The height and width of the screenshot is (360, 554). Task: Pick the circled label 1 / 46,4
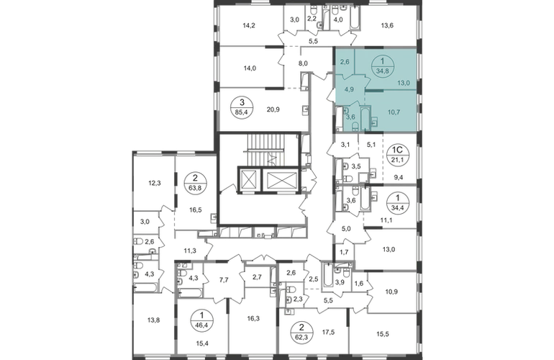(x=201, y=320)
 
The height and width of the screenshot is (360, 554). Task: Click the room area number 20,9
(x=273, y=109)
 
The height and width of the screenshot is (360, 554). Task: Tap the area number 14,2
(x=249, y=25)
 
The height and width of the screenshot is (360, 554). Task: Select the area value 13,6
(x=387, y=25)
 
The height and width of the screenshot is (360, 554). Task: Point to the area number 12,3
(x=155, y=183)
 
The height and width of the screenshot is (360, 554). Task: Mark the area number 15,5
(x=383, y=333)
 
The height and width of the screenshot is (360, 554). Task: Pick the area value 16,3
(x=253, y=318)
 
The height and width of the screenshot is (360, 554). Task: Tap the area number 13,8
(x=154, y=320)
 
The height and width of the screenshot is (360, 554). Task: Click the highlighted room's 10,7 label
(x=394, y=112)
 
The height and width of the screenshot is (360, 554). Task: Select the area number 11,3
(x=190, y=251)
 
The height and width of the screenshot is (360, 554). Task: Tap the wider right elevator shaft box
(x=281, y=180)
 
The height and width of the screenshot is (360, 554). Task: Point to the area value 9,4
(x=398, y=178)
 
